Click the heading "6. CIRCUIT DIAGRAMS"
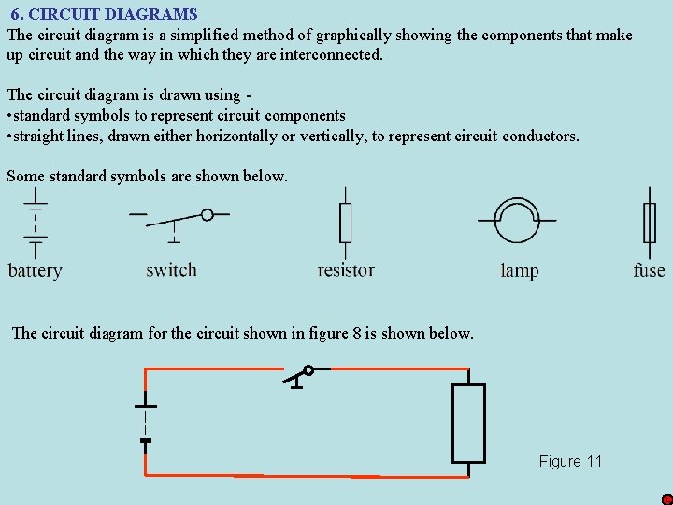click(x=104, y=14)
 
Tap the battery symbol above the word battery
click(x=36, y=224)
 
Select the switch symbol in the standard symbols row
click(x=178, y=219)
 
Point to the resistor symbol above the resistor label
click(x=345, y=224)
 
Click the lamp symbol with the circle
click(x=517, y=221)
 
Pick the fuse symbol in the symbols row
click(x=649, y=224)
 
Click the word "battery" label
click(x=35, y=271)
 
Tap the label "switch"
click(x=171, y=270)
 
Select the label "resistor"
click(x=346, y=270)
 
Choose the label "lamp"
click(x=519, y=271)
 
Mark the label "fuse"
click(x=649, y=270)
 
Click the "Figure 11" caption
click(x=570, y=461)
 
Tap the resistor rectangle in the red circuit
click(x=468, y=423)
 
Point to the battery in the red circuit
click(x=145, y=422)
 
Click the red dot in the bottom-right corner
click(x=666, y=499)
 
